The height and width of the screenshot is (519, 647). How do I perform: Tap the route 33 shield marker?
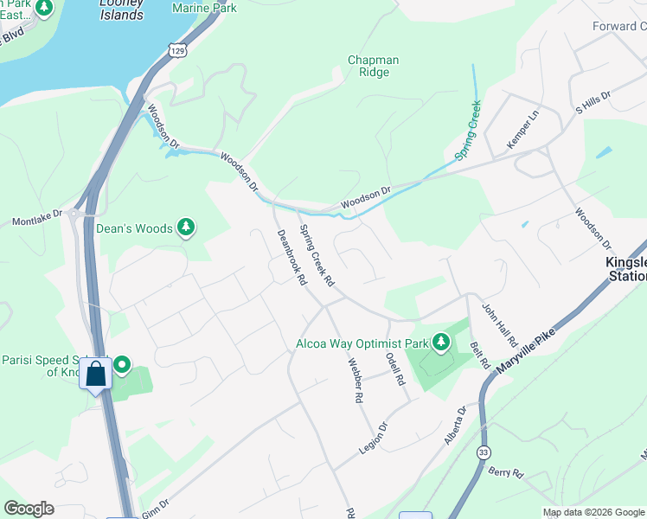482,453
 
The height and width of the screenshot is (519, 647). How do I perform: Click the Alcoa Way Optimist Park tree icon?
441,343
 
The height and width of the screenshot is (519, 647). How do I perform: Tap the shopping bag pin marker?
96,374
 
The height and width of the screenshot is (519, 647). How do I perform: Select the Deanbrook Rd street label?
291,258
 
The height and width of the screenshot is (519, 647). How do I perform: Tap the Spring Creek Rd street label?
317,256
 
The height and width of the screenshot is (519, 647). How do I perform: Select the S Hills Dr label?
593,101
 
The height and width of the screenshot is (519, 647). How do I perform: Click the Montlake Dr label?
37,217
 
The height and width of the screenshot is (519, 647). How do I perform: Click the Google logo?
29,509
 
